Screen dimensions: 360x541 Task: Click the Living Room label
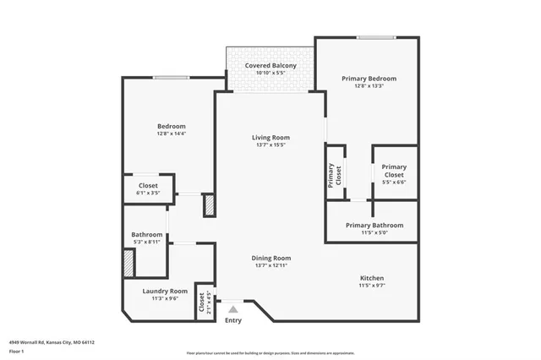pyautogui.click(x=270, y=137)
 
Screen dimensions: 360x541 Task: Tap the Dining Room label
pyautogui.click(x=270, y=258)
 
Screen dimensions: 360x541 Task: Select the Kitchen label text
pyautogui.click(x=372, y=278)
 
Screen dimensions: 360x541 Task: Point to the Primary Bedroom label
pyautogui.click(x=369, y=79)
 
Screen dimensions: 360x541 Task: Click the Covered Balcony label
pyautogui.click(x=270, y=65)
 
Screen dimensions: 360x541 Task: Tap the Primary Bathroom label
pyautogui.click(x=373, y=226)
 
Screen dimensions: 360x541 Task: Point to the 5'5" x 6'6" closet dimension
pyautogui.click(x=394, y=183)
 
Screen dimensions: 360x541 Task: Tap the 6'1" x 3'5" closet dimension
pyautogui.click(x=148, y=193)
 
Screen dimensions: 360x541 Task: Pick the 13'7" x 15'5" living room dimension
pyautogui.click(x=270, y=145)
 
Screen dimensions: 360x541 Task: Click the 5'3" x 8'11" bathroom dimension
pyautogui.click(x=146, y=242)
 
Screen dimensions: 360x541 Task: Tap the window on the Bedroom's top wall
pyautogui.click(x=170, y=79)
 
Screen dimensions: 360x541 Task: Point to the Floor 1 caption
pyautogui.click(x=15, y=351)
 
